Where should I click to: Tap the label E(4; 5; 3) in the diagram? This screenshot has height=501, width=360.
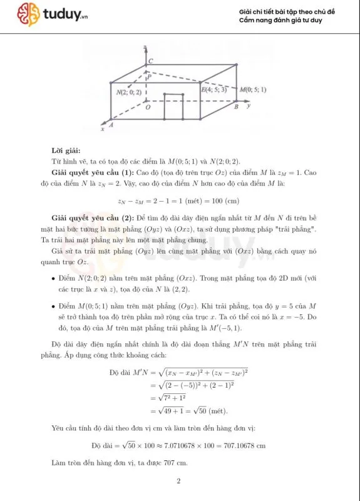coord(214,90)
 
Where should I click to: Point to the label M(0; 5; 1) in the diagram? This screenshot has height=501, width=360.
coord(254,90)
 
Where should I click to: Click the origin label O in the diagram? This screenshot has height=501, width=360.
coord(147,107)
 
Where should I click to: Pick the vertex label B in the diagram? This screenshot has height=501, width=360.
coord(236,107)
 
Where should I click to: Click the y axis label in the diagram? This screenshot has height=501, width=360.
coord(249,106)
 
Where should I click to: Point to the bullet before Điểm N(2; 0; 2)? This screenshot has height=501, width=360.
coord(55,277)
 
